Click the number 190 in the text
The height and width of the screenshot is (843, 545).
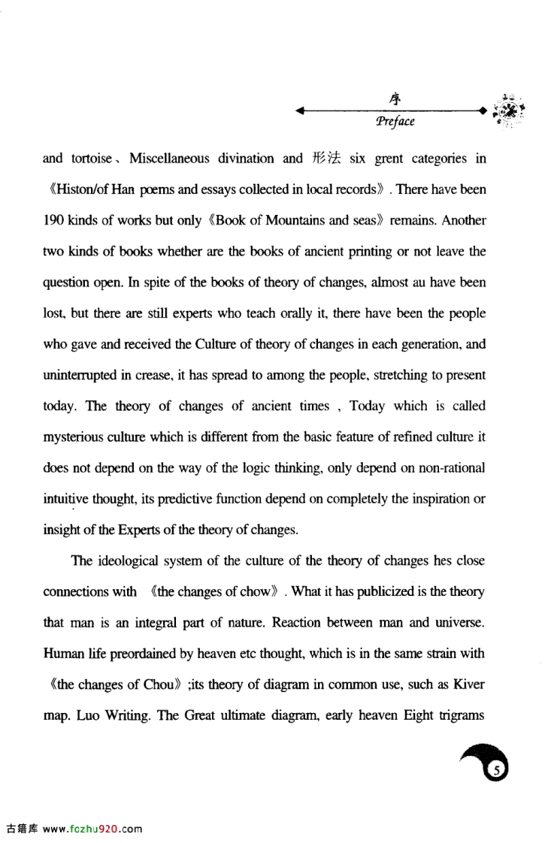[x=56, y=221]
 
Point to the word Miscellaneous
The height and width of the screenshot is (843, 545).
[x=170, y=159]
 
